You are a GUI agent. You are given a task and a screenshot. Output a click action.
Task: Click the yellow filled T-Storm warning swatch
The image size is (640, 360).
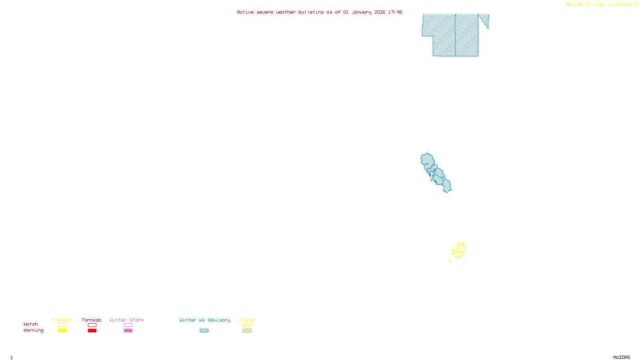(62, 331)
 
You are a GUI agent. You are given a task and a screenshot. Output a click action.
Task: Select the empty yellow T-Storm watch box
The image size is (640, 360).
(62, 325)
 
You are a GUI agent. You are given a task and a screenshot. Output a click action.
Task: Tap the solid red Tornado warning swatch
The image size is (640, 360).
(92, 331)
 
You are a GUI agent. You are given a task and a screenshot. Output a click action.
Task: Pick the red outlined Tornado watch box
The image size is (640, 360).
(92, 325)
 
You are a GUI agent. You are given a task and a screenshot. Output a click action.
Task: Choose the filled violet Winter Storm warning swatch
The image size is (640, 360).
(128, 331)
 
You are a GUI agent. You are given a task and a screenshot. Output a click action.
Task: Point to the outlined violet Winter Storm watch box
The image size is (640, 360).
(128, 325)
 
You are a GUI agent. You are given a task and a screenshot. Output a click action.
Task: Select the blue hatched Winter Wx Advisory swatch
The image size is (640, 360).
(204, 331)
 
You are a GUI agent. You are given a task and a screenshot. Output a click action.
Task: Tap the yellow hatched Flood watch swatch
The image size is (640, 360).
(247, 325)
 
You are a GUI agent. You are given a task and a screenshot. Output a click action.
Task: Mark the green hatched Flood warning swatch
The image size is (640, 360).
(247, 331)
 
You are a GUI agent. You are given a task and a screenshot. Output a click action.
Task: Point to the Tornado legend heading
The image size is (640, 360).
(92, 320)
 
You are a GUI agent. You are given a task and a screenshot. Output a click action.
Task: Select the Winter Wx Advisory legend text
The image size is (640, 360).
(205, 320)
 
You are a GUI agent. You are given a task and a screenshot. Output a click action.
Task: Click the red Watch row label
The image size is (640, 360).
(31, 324)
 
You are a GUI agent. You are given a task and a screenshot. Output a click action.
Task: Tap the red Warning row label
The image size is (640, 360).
(33, 330)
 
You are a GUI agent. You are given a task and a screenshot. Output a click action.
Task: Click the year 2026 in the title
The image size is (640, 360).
(380, 12)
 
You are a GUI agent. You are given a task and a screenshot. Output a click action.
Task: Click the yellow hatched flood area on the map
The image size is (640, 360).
(459, 250)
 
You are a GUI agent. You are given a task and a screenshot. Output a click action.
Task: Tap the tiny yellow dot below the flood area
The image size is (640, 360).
(450, 262)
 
